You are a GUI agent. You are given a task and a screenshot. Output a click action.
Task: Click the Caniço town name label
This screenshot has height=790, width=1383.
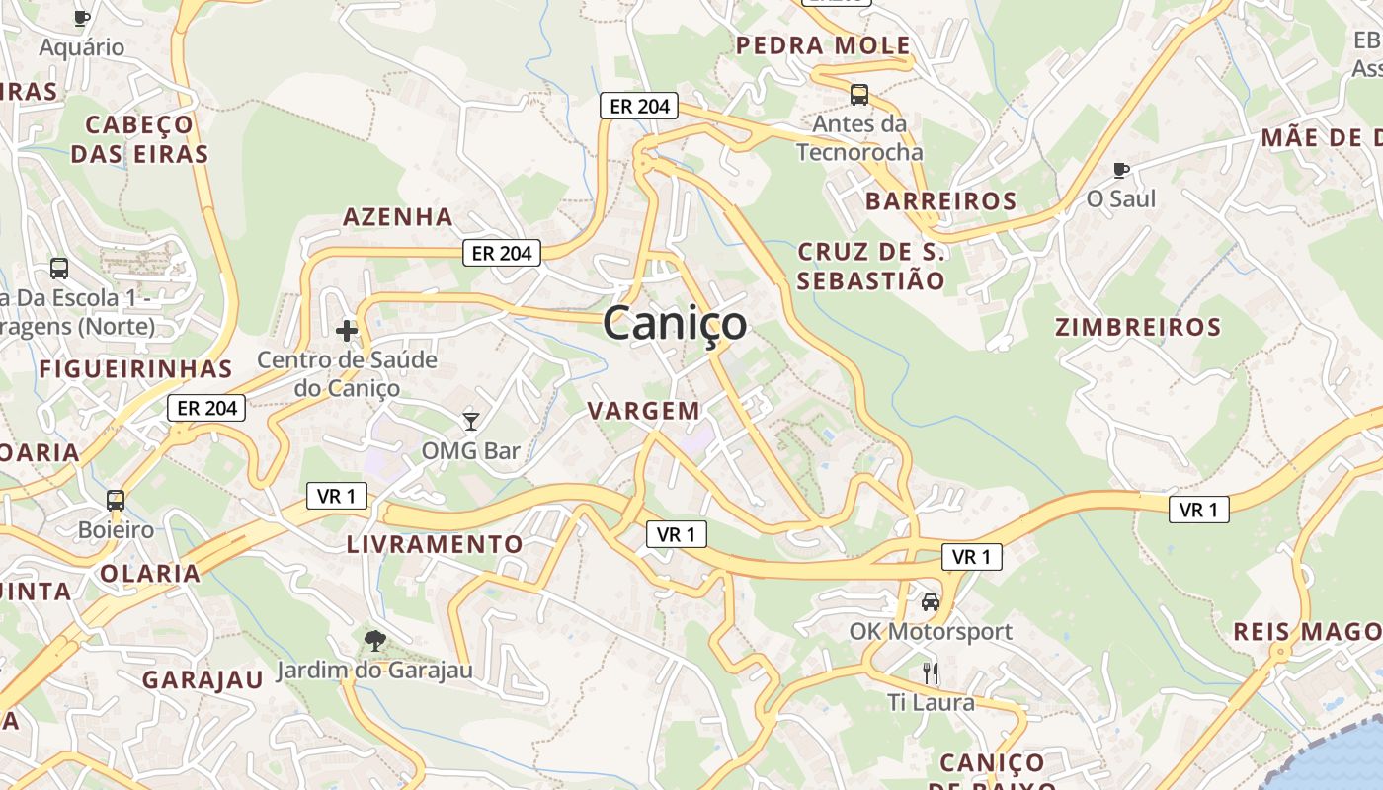pos(675,324)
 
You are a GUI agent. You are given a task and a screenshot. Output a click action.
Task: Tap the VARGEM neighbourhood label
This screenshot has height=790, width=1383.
pos(644,411)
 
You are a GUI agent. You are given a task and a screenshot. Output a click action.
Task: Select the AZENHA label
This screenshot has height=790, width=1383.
pos(398,217)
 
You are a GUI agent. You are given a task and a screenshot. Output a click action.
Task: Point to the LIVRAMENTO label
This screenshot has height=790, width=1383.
pos(435,544)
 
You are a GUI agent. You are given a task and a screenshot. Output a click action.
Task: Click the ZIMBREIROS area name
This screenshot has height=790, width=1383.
pos(1138,327)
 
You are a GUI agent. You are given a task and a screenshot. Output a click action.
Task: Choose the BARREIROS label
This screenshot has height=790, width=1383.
pos(941,201)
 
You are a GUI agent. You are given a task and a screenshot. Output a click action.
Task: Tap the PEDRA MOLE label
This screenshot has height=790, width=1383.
pos(824,45)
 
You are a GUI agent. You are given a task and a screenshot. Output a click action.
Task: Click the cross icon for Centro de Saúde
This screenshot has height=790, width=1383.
pos(347,331)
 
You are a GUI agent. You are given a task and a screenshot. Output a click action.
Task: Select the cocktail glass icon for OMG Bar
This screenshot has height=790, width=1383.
pos(471,422)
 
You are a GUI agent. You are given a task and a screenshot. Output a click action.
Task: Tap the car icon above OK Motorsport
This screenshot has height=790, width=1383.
pos(930,602)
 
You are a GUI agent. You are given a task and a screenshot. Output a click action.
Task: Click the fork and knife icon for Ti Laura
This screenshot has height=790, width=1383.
pos(930,673)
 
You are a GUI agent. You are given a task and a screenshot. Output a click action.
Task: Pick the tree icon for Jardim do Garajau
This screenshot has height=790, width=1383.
pos(374,642)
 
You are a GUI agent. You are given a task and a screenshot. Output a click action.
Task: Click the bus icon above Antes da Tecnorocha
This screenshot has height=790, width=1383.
pos(859,95)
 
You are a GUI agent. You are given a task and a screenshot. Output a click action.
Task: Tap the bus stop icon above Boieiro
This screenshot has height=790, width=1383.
pos(116,501)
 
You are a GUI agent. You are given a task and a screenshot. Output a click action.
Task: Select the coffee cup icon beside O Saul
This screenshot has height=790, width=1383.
pos(1121,170)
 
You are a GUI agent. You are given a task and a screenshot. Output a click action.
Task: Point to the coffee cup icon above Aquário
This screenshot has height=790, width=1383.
pos(82,18)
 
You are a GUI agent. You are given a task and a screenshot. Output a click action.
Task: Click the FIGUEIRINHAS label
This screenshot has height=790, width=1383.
pos(135,369)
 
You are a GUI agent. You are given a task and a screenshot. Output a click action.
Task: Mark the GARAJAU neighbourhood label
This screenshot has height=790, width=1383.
pos(203,679)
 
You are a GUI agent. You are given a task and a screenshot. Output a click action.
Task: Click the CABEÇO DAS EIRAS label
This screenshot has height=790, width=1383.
pos(139,139)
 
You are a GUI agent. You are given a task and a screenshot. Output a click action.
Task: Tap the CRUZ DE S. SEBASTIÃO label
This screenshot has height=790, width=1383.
pos(870,267)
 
